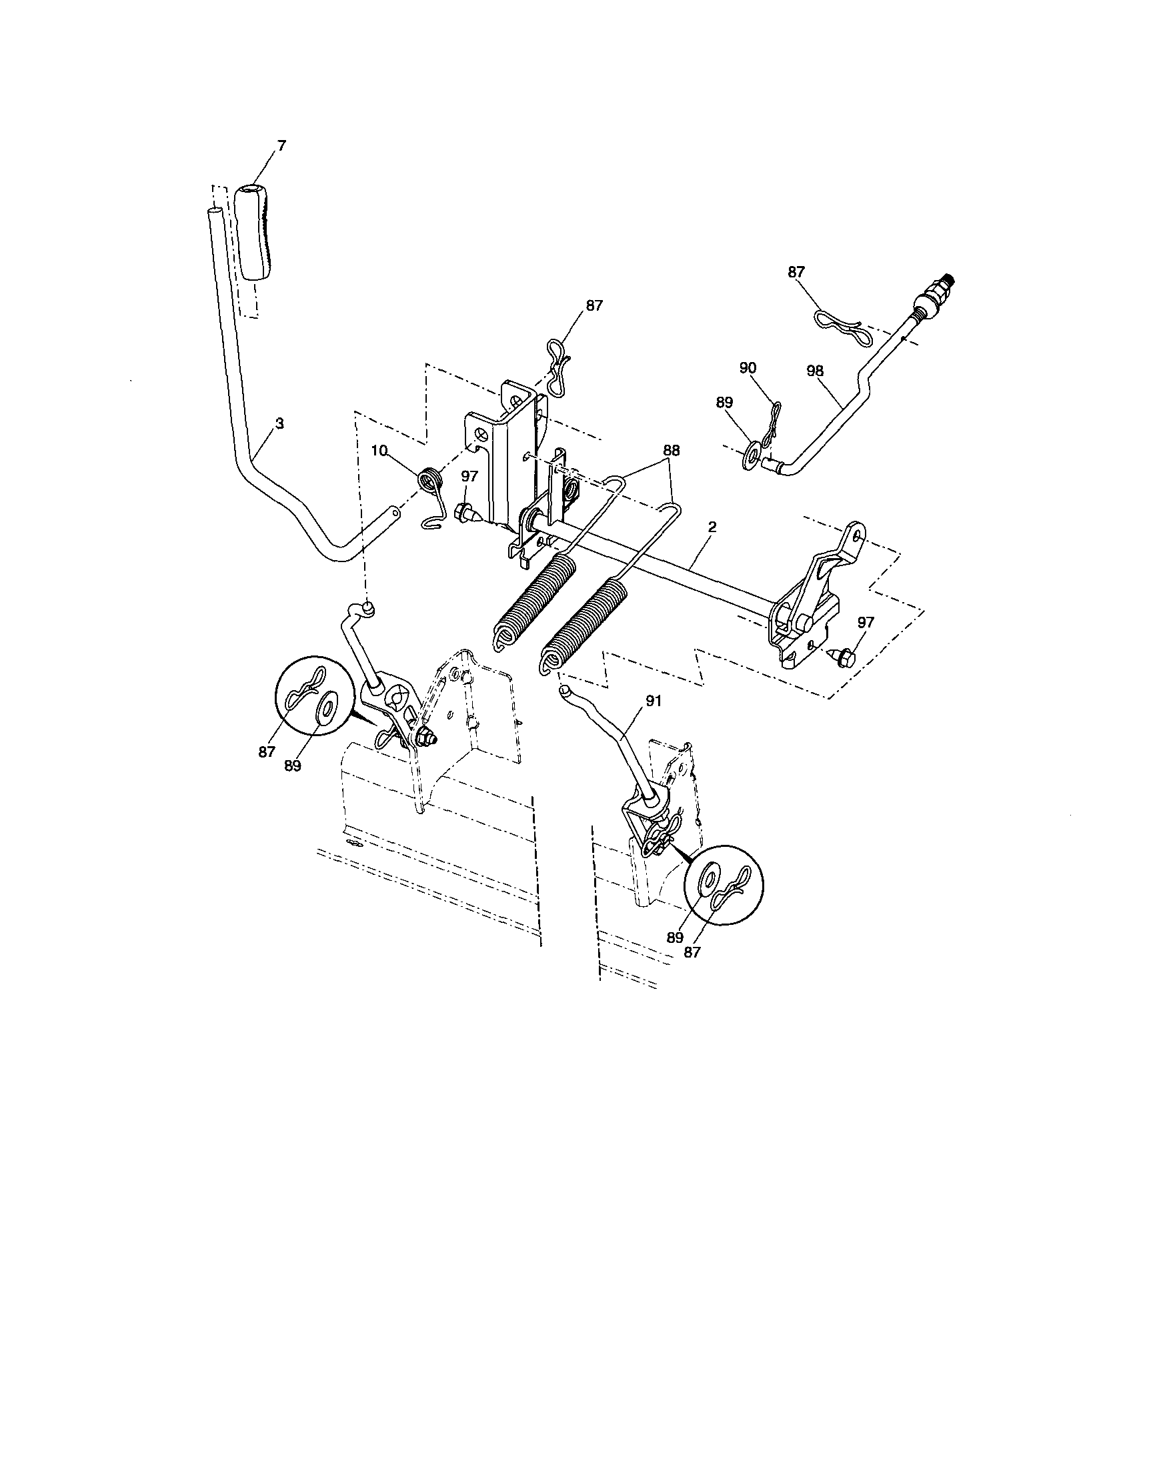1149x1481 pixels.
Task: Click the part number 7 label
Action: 281,145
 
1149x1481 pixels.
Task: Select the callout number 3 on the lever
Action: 279,423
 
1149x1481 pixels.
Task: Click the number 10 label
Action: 379,449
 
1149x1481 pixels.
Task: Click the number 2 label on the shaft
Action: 712,526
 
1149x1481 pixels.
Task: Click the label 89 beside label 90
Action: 724,402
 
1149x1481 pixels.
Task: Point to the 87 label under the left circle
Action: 266,752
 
